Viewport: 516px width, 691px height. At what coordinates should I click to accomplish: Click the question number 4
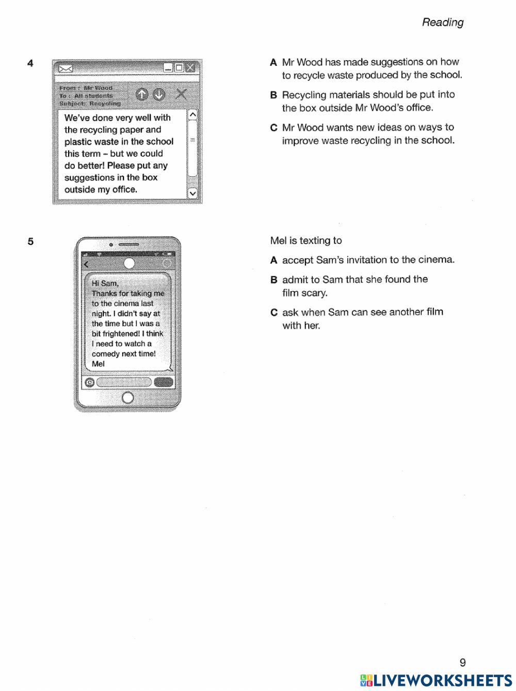30,63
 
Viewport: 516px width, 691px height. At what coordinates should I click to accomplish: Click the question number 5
30,241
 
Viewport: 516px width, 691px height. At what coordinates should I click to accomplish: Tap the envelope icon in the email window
66,69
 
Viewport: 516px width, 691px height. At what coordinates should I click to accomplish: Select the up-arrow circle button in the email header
142,94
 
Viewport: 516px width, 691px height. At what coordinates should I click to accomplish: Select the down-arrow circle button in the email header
159,94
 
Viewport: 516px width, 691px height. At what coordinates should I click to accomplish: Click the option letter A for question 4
273,62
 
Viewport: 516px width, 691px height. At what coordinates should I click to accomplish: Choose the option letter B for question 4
273,95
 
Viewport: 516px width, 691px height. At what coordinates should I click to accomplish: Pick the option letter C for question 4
273,127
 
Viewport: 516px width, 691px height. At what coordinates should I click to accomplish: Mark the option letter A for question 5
273,260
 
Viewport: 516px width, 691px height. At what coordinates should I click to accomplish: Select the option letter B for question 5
273,280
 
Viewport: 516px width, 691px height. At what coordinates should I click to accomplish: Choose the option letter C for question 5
273,312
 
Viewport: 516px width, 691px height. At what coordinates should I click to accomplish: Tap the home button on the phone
127,397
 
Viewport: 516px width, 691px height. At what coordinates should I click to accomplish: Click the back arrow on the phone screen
86,264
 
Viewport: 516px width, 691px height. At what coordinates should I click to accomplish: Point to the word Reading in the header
443,22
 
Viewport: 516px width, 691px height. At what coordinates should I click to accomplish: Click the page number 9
462,663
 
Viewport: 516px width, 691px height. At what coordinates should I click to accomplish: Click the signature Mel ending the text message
98,364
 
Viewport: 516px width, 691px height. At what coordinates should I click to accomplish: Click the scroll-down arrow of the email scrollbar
193,193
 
